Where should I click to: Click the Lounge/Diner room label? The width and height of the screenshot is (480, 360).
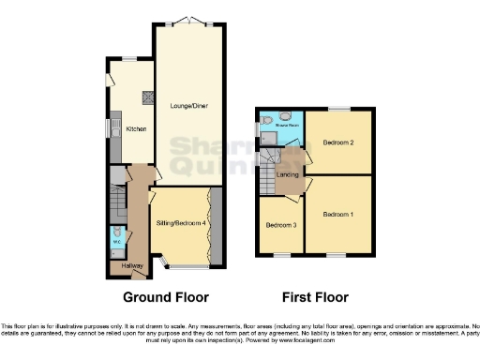point(188,106)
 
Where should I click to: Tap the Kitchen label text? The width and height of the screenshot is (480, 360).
point(136,128)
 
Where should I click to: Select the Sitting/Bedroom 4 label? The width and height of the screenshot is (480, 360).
point(180,222)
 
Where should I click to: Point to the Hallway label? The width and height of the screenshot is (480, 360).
point(123,267)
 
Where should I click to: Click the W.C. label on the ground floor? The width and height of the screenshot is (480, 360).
point(117,243)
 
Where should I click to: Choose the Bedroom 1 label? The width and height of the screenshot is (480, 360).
point(339,214)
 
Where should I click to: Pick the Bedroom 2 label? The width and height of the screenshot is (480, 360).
point(339,142)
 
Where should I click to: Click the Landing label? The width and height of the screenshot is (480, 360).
point(287,174)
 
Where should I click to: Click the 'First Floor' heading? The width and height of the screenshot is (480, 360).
point(315,297)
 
